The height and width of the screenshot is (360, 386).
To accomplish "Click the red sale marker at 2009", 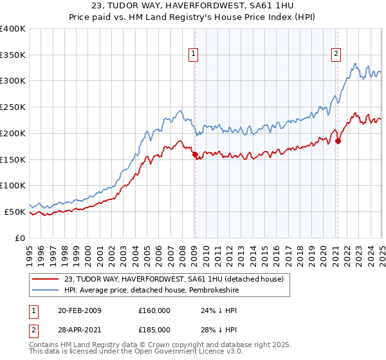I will (x=195, y=154).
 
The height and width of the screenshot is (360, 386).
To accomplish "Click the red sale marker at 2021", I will (x=338, y=141).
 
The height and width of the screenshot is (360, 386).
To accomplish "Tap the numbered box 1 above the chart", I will (x=194, y=55).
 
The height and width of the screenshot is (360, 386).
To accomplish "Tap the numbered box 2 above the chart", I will (x=336, y=55).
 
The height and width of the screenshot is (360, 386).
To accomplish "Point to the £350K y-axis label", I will (x=13, y=55).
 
